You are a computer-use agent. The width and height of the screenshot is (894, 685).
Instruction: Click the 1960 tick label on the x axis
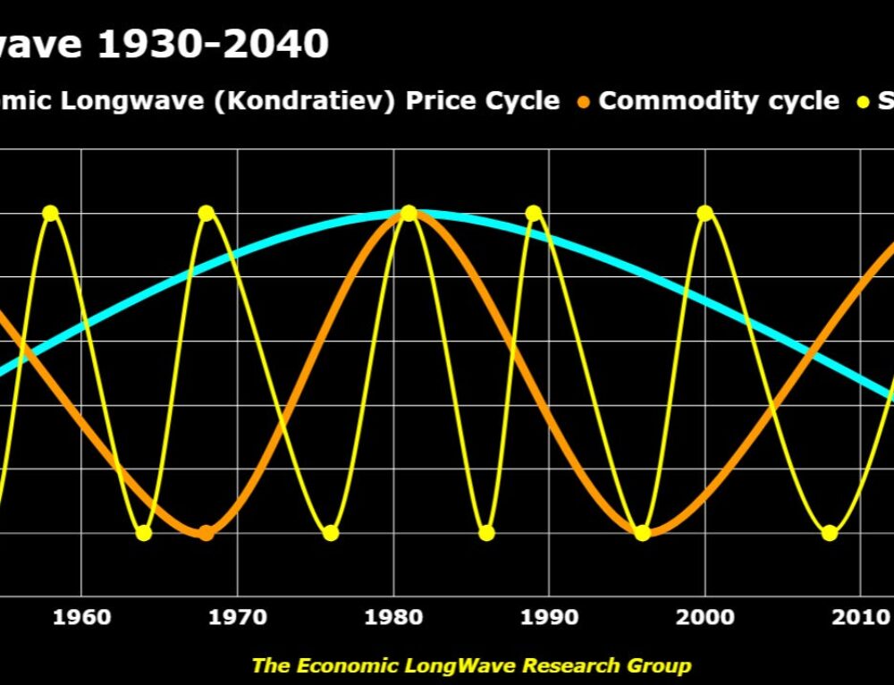[x=81, y=617]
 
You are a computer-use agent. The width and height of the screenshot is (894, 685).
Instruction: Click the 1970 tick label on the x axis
[x=238, y=617]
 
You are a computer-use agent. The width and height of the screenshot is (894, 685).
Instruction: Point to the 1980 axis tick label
[x=393, y=617]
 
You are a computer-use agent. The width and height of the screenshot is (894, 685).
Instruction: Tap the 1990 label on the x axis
[x=550, y=617]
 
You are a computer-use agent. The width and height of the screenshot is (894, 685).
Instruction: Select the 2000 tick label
[x=705, y=617]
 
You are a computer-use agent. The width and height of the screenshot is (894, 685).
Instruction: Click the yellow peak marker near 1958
[x=50, y=213]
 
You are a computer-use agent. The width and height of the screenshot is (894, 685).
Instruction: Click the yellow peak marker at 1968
[x=207, y=213]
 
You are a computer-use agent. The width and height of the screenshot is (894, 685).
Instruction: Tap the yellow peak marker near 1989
[x=534, y=213]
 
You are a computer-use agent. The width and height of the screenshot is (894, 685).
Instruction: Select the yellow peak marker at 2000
[x=705, y=213]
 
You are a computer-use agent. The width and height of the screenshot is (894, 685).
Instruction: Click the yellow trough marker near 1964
[x=144, y=533]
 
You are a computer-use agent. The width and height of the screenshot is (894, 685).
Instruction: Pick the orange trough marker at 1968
[x=207, y=533]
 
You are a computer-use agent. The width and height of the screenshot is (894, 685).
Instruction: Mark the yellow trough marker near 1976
[x=331, y=533]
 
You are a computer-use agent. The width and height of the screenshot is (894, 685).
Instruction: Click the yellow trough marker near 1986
[x=486, y=533]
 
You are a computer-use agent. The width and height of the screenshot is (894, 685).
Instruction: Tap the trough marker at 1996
[x=643, y=533]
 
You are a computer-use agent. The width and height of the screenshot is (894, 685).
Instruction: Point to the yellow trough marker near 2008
[x=830, y=533]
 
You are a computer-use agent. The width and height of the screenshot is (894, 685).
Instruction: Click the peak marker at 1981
[x=409, y=213]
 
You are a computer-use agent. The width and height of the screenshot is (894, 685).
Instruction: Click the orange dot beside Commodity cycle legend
[x=583, y=101]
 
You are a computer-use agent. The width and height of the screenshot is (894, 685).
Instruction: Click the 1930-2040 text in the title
[x=213, y=45]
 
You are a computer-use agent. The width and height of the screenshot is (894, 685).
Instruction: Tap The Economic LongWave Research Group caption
[x=471, y=665]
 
